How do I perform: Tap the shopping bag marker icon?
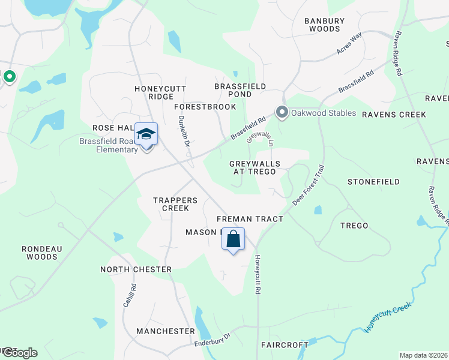coord(233,239)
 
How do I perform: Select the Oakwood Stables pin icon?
coord(282,112)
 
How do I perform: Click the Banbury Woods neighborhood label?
coord(324,25)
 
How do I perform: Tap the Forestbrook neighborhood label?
coord(205,106)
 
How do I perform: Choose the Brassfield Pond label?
coord(241,90)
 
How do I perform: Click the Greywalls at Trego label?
coord(252,167)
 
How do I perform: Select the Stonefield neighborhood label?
coord(373,181)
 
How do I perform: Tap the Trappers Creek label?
coord(171,204)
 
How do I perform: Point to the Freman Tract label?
coord(249,219)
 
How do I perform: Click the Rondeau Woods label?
coord(42,252)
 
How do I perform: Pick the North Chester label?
coord(136,269)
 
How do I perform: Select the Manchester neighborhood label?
coord(165,331)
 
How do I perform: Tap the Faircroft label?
coord(284,345)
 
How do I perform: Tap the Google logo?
coord(20,352)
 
